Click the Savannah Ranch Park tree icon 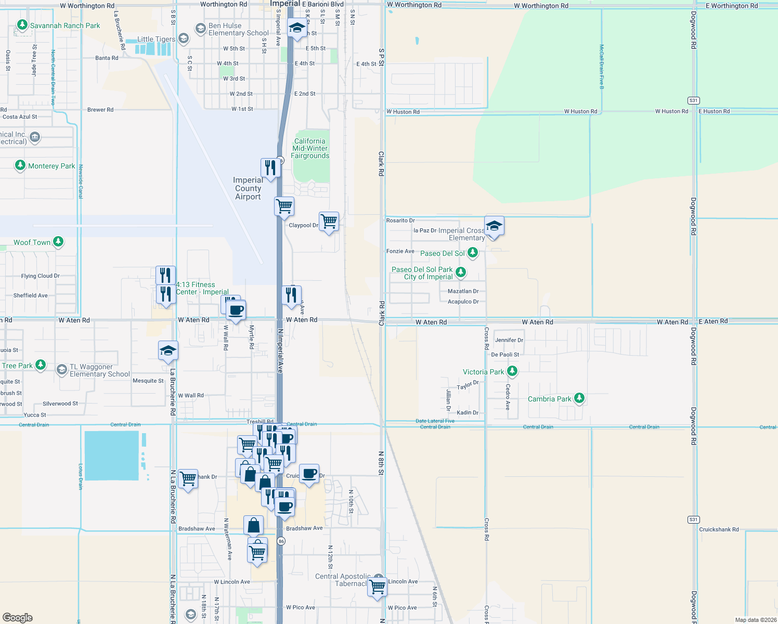(x=22, y=25)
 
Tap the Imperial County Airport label (x=248, y=189)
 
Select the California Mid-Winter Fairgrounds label (x=310, y=148)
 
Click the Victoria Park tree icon (x=512, y=371)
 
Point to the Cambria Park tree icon (x=579, y=398)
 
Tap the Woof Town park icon (x=58, y=242)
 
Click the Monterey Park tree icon (x=20, y=165)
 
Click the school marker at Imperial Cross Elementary (x=494, y=226)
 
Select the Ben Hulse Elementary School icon (x=201, y=29)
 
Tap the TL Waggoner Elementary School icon (x=62, y=370)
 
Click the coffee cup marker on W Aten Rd (x=236, y=310)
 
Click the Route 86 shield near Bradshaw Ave (x=281, y=541)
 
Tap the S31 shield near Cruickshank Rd (x=693, y=519)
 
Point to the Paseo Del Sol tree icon (x=473, y=253)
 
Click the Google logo (x=18, y=618)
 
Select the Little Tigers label (x=156, y=39)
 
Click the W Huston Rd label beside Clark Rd (x=403, y=112)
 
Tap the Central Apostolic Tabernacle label (x=343, y=580)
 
